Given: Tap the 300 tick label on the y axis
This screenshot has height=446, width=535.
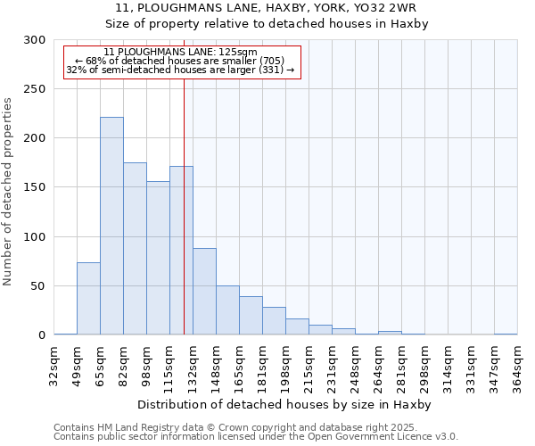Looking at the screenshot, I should pos(35,40).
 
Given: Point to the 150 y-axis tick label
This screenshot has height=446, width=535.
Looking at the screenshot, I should pos(35,187).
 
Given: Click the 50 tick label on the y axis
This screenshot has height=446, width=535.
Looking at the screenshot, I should pos(38,286).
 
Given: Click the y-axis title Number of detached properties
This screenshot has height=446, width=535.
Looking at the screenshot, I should pos(9,187).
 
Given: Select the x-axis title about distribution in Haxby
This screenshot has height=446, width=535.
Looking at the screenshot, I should pos(284,404).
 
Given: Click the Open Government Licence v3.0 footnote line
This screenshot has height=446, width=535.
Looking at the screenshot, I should pos(256,436).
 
